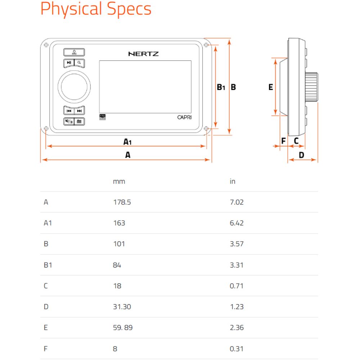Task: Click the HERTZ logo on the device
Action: [143, 54]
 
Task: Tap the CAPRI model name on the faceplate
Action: [184, 117]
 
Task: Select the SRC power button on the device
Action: [74, 52]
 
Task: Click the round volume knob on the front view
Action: [74, 87]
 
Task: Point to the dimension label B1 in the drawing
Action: [221, 87]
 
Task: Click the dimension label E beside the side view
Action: [271, 87]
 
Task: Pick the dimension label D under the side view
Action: [301, 155]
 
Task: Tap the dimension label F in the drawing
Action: [284, 141]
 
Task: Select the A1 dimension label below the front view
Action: [127, 141]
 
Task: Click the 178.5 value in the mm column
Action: [122, 202]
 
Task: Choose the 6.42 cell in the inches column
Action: [237, 223]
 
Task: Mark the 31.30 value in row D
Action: [122, 307]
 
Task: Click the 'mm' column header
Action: [119, 181]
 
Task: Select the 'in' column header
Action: [232, 181]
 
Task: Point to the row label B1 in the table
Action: [48, 265]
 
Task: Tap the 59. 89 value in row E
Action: [123, 328]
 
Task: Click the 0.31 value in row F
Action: [237, 349]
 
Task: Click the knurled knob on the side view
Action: [311, 87]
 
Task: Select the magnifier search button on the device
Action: [80, 63]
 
